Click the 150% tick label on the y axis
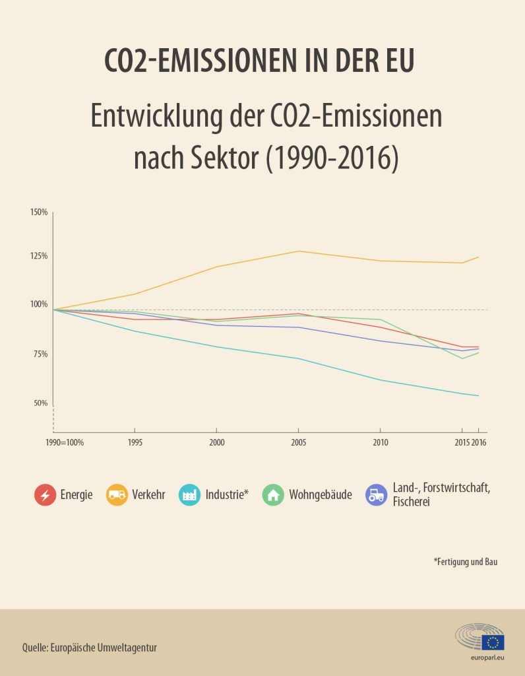tap(39, 212)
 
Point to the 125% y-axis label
tap(39, 256)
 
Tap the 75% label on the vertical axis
tap(40, 354)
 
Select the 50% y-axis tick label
tap(40, 403)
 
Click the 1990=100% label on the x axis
tap(65, 442)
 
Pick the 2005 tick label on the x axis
tap(299, 442)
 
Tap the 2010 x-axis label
tap(381, 442)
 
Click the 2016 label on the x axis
tap(479, 442)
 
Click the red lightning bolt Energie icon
tap(46, 495)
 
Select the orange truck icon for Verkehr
tap(117, 495)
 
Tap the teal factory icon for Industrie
tap(189, 495)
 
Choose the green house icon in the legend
tap(273, 495)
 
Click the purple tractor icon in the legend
tap(377, 495)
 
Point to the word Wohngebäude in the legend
tap(321, 495)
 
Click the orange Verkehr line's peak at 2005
tap(299, 251)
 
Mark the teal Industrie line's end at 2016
tap(478, 396)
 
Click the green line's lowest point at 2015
tap(462, 358)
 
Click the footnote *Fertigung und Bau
tap(466, 562)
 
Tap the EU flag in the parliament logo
tap(493, 642)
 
